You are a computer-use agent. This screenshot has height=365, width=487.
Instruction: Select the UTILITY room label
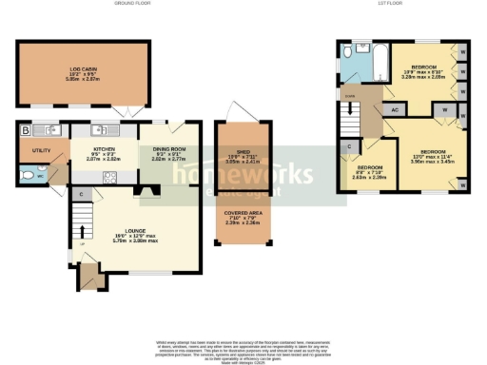click(x=40, y=150)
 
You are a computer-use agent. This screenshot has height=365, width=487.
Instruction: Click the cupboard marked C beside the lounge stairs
click(x=81, y=196)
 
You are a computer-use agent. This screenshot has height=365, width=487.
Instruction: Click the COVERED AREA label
click(x=244, y=214)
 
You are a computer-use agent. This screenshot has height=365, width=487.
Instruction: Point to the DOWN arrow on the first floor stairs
click(x=349, y=96)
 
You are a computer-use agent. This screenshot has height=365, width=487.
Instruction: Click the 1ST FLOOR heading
click(x=399, y=4)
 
